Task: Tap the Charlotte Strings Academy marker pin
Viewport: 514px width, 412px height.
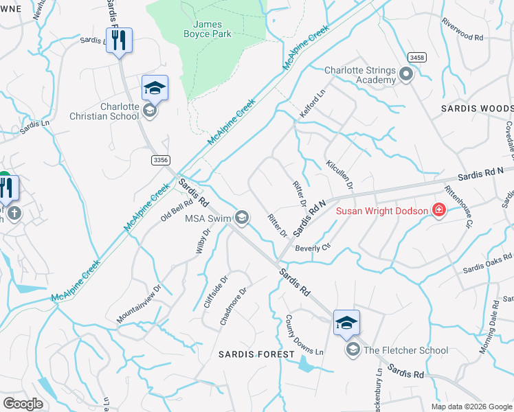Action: coord(405,74)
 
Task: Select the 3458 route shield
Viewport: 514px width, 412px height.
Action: coord(416,56)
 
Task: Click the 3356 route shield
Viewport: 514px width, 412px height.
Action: coord(160,160)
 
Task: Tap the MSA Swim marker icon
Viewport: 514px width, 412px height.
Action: coord(241,218)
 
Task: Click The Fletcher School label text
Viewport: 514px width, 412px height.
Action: coord(406,350)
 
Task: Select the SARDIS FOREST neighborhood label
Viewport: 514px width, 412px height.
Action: coord(256,354)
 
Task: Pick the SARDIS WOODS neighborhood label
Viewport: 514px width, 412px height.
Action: coord(477,109)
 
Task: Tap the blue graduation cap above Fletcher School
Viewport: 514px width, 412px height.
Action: coord(346,322)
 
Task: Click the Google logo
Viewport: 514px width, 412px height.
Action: coord(23,403)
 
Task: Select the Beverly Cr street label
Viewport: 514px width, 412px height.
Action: coord(313,247)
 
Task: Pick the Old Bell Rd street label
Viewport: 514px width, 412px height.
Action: coord(177,211)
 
